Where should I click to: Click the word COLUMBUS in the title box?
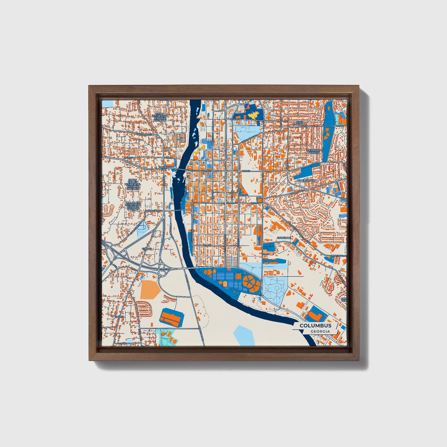pos(315,325)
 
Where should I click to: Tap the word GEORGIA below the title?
pos(320,331)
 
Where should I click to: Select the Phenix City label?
pos(163,168)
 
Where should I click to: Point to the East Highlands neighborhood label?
pos(300,123)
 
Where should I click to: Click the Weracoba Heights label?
pos(314,151)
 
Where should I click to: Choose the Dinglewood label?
pos(306,180)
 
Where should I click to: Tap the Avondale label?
pos(284,238)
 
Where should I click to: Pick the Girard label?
pos(147,248)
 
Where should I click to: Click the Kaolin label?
pos(119,317)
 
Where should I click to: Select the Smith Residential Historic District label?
pos(161,117)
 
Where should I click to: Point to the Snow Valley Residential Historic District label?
pos(132,184)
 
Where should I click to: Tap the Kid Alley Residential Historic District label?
pos(132,205)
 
